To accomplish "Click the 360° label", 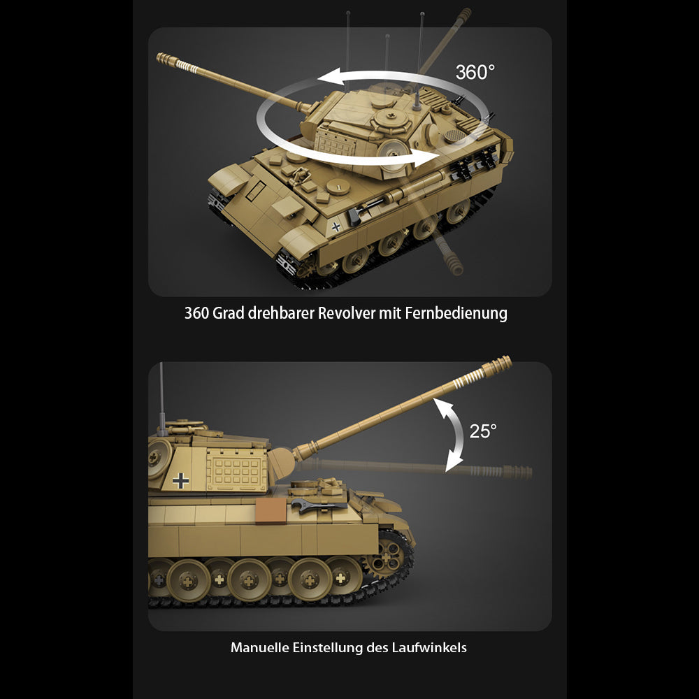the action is coord(475,72).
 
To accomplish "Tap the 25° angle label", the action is coord(483,431).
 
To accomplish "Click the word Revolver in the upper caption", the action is coord(347,313).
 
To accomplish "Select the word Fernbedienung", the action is coord(456,313).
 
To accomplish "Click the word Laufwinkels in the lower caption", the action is coord(429,647).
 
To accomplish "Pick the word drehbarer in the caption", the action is coord(281,313).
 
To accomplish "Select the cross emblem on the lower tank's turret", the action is coord(180,481).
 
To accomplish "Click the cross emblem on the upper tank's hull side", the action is coord(336,227).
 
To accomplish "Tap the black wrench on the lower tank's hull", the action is coord(318,505).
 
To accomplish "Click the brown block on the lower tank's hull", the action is coord(271,510).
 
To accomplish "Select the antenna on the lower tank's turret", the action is coord(162,399).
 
